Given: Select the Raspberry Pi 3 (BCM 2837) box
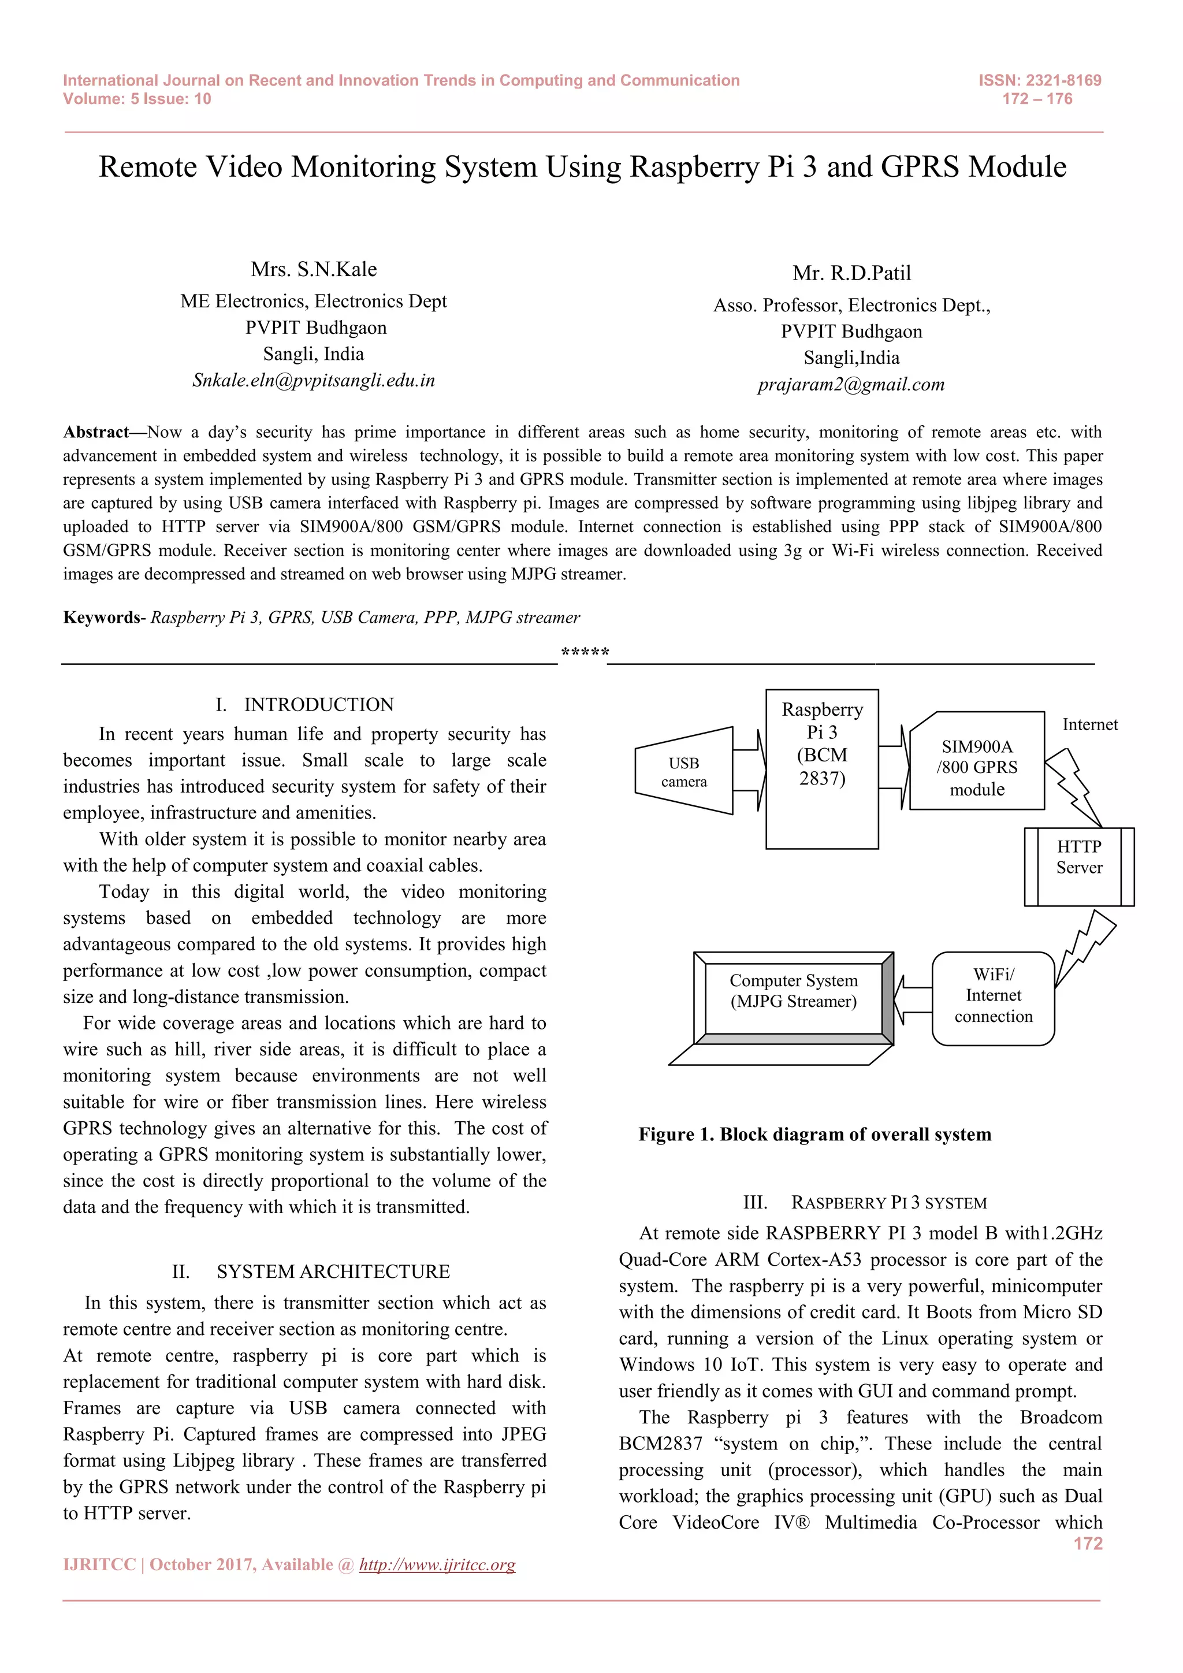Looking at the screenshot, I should pos(822,769).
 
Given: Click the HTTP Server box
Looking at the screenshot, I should pos(1079,867).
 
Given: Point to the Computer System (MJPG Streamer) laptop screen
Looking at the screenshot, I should pos(793,992).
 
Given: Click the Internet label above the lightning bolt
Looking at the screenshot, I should pos(1089,724).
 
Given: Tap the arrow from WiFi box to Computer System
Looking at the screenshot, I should pos(913,1000).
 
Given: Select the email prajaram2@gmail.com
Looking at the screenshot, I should pos(851,384).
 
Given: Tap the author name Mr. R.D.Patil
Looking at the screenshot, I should pos(851,273).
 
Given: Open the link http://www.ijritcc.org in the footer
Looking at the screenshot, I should pos(437,1564).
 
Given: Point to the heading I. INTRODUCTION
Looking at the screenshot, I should pos(304,705).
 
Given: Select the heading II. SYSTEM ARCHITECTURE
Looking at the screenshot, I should pos(311,1272).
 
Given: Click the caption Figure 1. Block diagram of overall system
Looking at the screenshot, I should pos(814,1135).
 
